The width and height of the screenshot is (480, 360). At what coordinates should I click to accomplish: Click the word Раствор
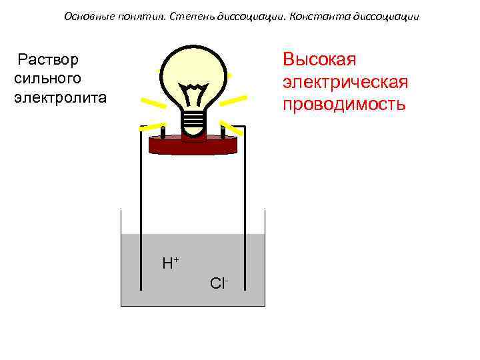click(48, 60)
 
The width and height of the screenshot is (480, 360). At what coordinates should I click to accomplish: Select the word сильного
click(47, 79)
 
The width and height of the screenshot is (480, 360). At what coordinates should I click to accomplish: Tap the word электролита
click(60, 97)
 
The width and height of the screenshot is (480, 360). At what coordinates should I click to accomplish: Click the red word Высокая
click(319, 59)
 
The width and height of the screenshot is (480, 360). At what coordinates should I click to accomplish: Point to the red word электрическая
click(345, 82)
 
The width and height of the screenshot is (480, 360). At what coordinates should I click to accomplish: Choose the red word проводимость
click(343, 105)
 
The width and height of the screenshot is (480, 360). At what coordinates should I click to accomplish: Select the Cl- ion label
click(219, 283)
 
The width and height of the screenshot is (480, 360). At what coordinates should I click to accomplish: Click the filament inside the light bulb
click(194, 93)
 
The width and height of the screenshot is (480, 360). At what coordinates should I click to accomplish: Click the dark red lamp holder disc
click(193, 143)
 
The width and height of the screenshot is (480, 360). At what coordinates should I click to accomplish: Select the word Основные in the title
click(89, 16)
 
